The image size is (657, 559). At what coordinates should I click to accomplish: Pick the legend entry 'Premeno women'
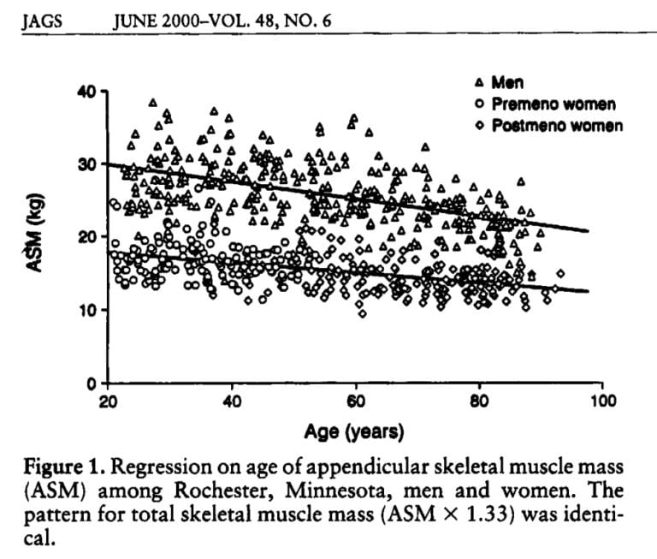(x=553, y=104)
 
